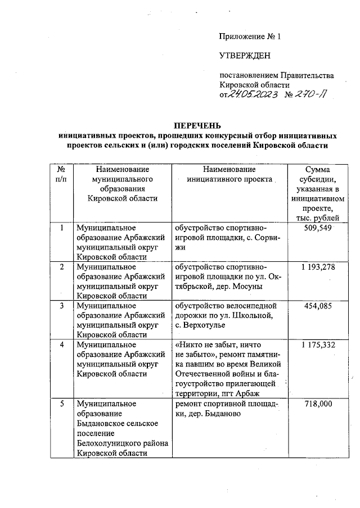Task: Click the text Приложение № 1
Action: (x=249, y=37)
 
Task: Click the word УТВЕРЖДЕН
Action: (x=244, y=55)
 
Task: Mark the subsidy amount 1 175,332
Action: (x=317, y=344)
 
